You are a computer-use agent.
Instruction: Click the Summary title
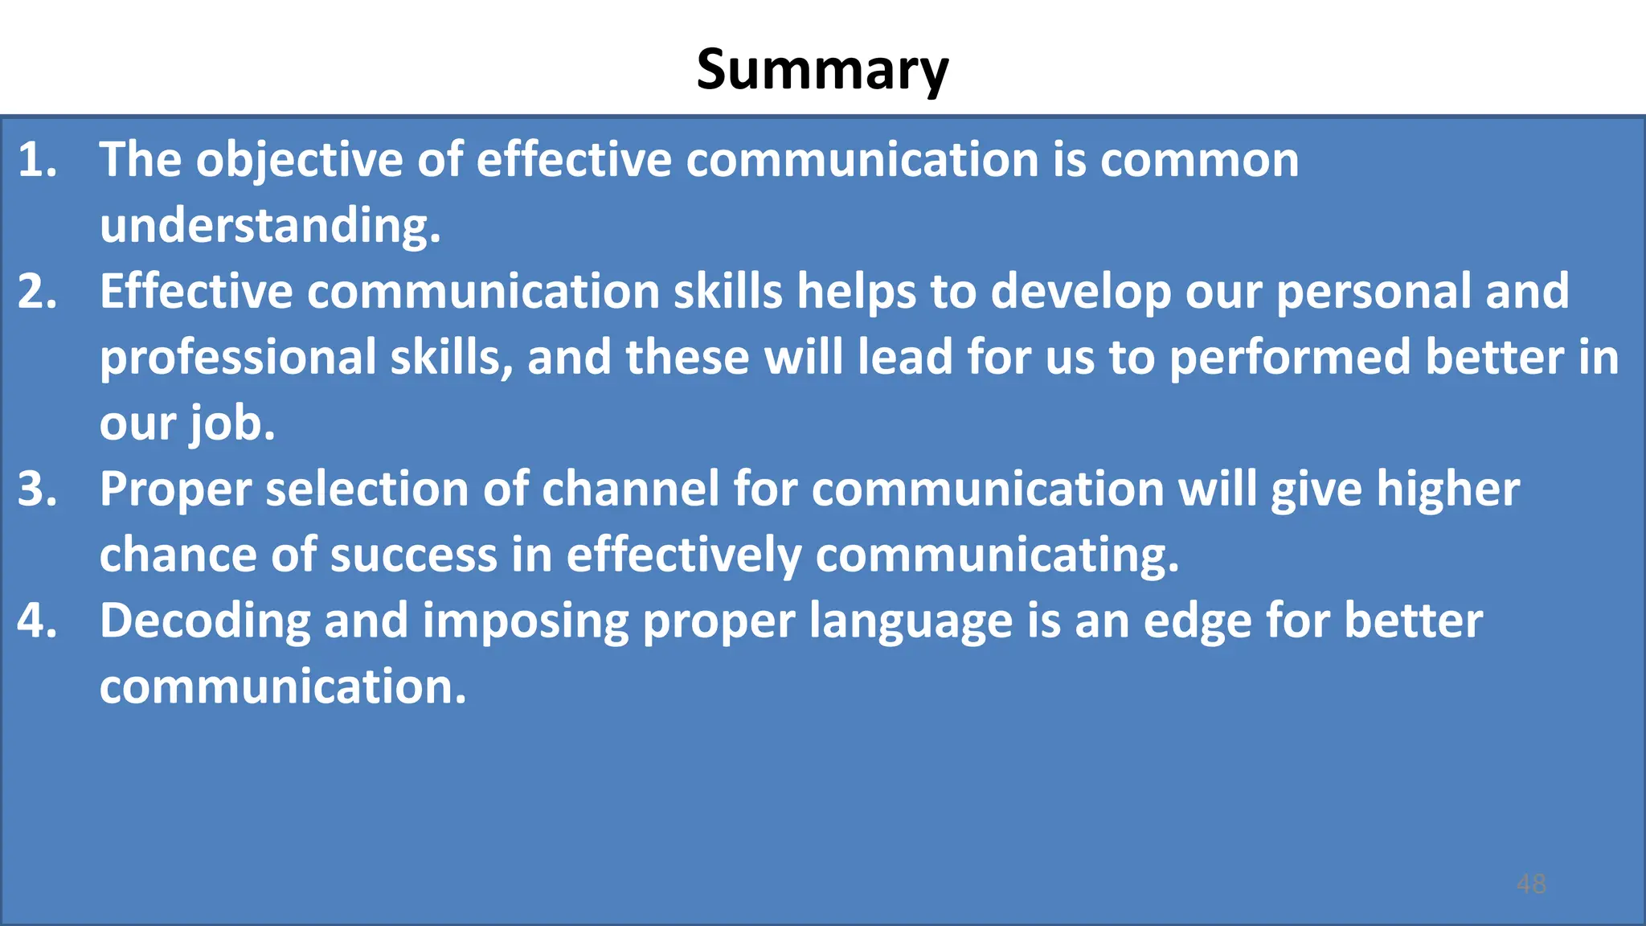pos(822,70)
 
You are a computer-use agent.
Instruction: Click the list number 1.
pos(37,159)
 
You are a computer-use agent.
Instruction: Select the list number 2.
pos(37,291)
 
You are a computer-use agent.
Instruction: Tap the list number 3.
pos(37,489)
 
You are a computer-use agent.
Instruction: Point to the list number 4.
pos(37,621)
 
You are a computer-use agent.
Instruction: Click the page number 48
pos(1530,884)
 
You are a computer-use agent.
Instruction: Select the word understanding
pos(270,227)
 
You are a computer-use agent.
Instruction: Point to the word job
pos(232,424)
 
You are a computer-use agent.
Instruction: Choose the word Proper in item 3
pos(175,490)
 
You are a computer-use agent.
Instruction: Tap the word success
pos(413,555)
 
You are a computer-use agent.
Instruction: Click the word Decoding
pos(205,622)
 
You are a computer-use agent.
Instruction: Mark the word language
pos(911,622)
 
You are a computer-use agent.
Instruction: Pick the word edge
pos(1198,622)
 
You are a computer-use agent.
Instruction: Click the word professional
pos(238,359)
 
